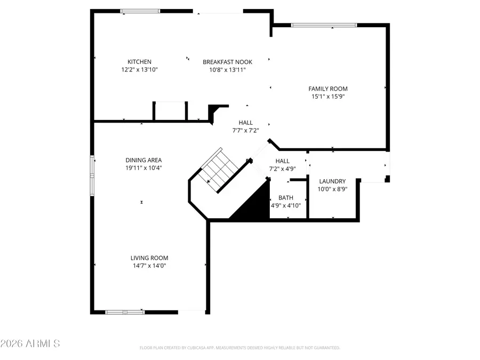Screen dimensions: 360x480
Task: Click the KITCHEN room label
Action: [x=139, y=62]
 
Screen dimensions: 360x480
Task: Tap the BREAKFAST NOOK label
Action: [x=227, y=62]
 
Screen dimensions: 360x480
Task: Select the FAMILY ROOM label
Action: [x=328, y=89]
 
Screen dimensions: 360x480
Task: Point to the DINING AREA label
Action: [x=143, y=160]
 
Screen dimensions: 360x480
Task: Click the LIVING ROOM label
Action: [x=149, y=258]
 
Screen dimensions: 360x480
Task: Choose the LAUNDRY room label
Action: [x=332, y=181]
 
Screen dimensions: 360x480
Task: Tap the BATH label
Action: [x=285, y=198]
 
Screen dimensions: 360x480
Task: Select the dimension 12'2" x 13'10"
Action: [x=139, y=69]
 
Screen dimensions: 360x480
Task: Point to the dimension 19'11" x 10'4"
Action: [x=143, y=168]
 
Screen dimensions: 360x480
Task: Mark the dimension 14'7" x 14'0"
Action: [x=149, y=266]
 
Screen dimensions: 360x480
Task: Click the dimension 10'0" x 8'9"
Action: [x=332, y=189]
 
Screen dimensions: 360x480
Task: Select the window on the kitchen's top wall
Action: [x=140, y=11]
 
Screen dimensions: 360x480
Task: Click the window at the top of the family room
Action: [x=324, y=25]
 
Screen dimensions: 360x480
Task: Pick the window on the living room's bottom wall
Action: [x=125, y=312]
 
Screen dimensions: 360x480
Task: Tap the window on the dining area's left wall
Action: [x=92, y=174]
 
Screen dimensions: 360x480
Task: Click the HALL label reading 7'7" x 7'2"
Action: [x=246, y=126]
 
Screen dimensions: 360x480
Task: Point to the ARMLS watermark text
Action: [x=30, y=343]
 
